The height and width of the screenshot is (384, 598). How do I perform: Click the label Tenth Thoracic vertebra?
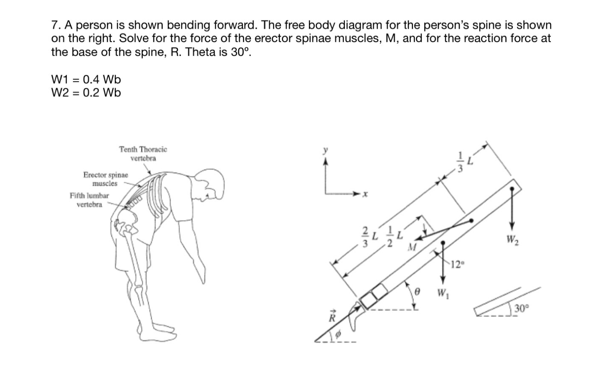143,154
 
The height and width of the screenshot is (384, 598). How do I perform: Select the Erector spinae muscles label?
106,179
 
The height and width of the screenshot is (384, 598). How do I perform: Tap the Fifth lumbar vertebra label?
89,200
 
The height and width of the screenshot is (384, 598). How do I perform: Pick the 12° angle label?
457,264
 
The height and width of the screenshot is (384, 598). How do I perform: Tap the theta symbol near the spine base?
417,292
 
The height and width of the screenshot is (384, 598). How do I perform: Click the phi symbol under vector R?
339,334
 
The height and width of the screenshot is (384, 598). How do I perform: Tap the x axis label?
365,194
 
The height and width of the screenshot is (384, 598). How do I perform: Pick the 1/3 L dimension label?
464,162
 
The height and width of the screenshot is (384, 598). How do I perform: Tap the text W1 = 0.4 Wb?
86,79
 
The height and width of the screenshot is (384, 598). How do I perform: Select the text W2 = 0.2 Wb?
86,93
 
